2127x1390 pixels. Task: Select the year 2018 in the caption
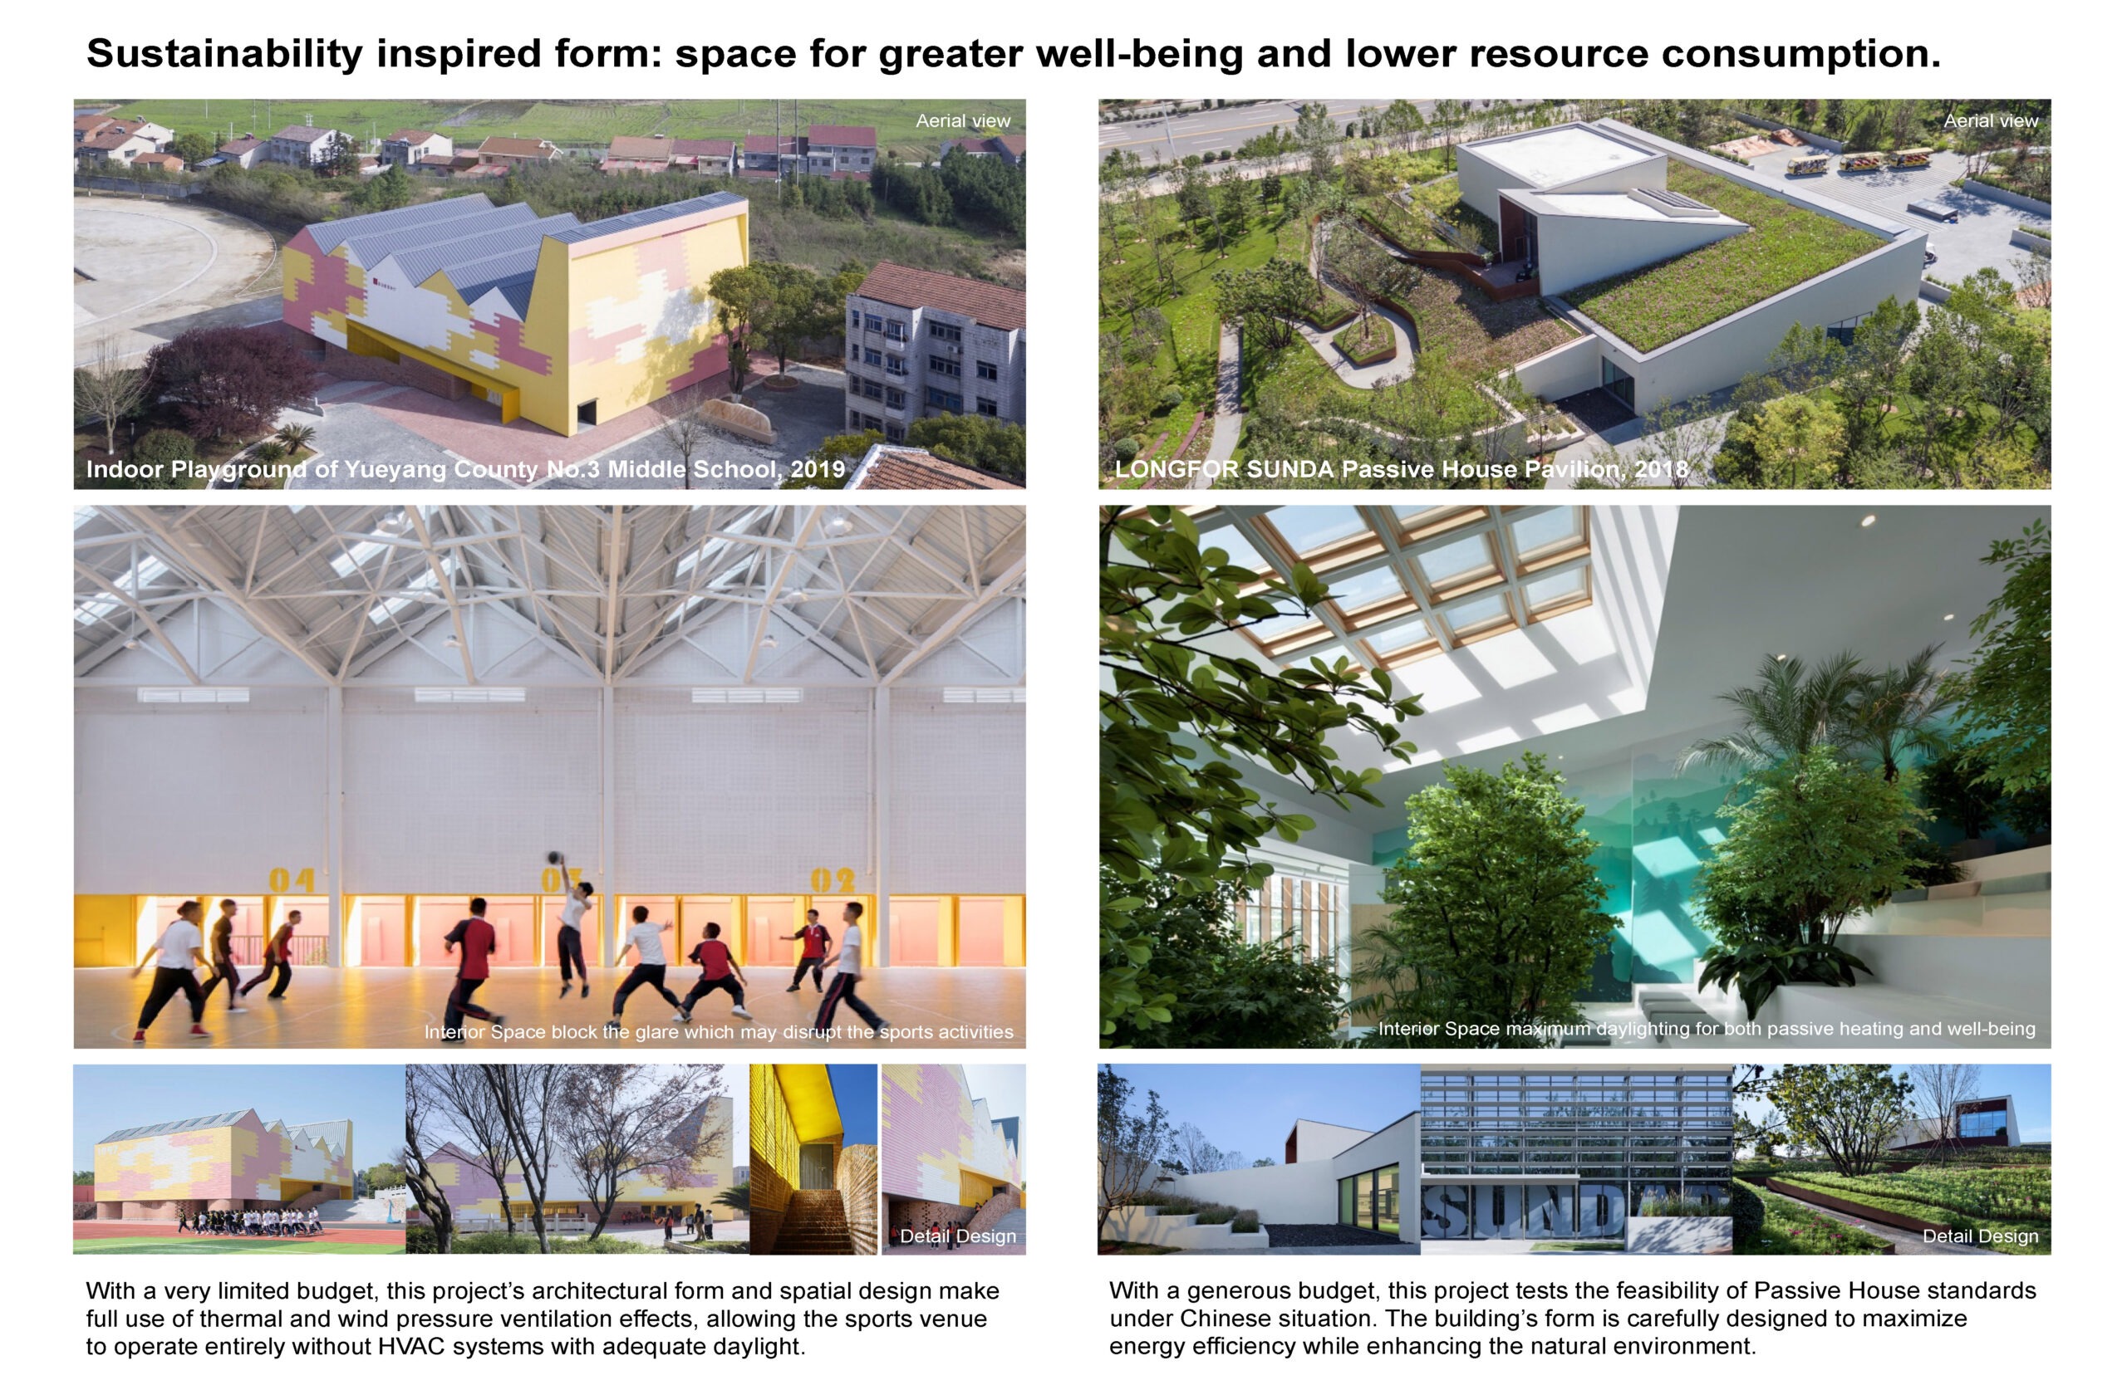(x=1662, y=469)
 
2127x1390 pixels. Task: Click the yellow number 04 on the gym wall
(x=292, y=881)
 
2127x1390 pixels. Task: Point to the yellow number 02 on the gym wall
(x=832, y=881)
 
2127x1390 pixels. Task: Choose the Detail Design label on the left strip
(x=958, y=1236)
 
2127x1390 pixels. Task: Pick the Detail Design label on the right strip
(x=1981, y=1236)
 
